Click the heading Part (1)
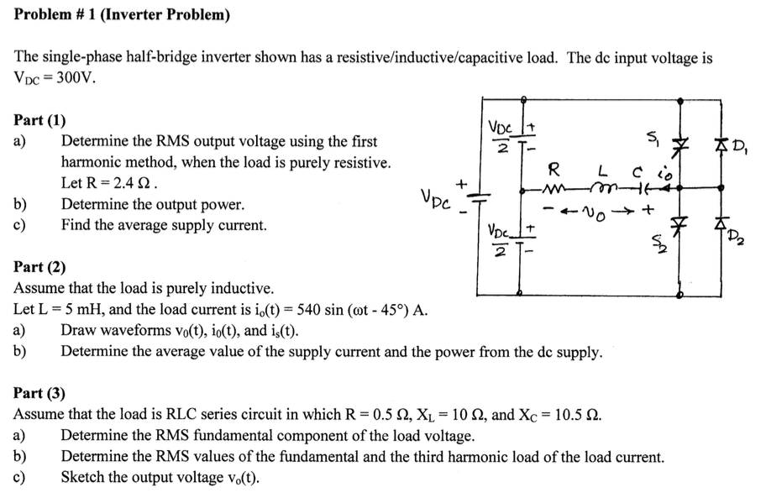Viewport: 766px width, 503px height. (x=40, y=119)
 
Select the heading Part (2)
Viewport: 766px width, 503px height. (x=40, y=268)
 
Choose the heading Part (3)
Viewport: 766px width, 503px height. (x=40, y=392)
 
